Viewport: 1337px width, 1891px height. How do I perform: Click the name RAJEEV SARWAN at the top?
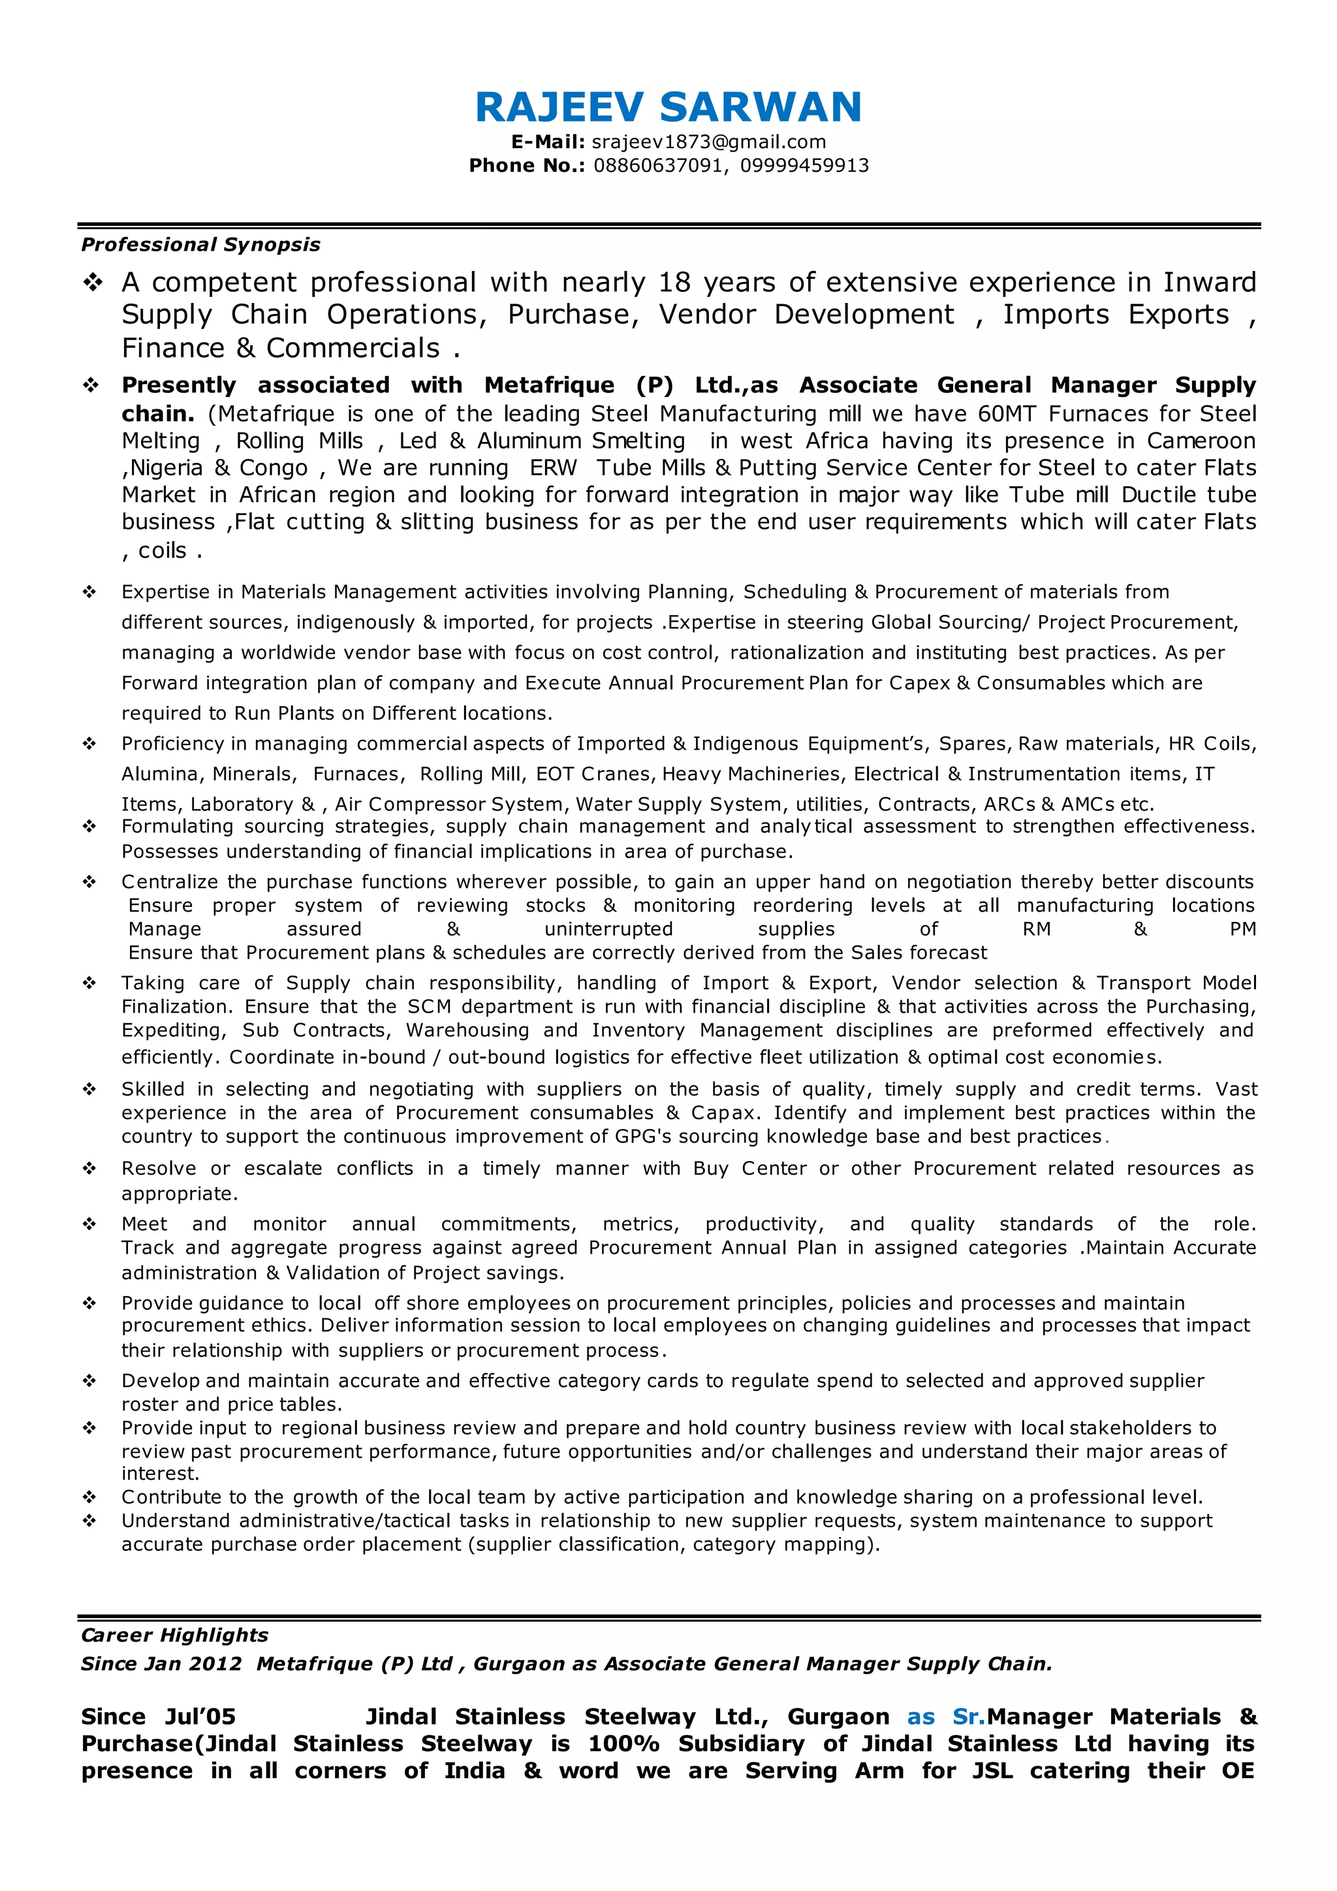coord(668,107)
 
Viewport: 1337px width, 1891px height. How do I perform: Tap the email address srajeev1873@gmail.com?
coord(709,142)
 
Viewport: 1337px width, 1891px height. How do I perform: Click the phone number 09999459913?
coord(804,166)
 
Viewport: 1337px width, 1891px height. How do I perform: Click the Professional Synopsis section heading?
coord(200,245)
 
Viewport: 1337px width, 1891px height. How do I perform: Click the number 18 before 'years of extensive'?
coord(674,283)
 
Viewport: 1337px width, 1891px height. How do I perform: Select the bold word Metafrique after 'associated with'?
coord(549,385)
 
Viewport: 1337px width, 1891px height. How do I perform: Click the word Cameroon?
coord(1201,441)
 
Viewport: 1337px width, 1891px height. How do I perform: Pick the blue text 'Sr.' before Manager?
coord(968,1717)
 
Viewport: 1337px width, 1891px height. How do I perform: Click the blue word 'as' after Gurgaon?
coord(920,1717)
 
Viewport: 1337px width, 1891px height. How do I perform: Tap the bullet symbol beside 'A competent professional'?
coord(91,283)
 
